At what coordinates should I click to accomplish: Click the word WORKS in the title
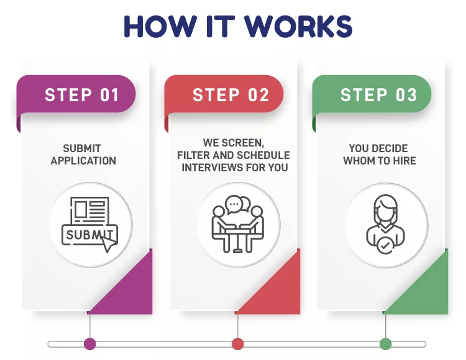(298, 26)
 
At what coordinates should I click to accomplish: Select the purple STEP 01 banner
(76, 95)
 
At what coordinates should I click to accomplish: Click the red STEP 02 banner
(224, 95)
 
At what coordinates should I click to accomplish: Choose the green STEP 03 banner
(372, 95)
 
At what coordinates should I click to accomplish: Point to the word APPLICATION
(83, 161)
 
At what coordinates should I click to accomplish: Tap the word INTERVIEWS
(211, 168)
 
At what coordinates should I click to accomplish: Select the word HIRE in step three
(404, 161)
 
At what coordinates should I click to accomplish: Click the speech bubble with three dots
(234, 204)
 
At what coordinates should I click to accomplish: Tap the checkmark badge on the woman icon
(385, 245)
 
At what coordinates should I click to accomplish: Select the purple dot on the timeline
(89, 344)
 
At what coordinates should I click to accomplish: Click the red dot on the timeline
(237, 344)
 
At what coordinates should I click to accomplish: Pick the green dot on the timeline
(385, 344)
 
